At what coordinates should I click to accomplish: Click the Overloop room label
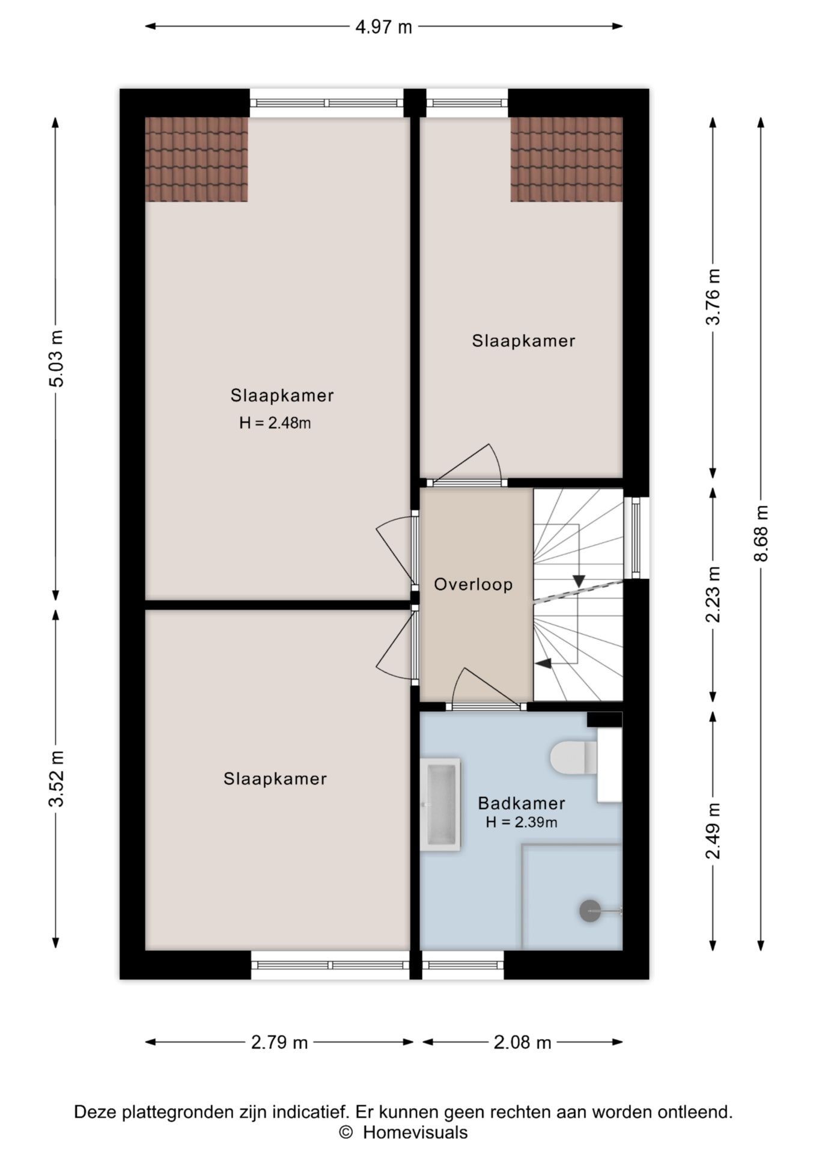pyautogui.click(x=473, y=585)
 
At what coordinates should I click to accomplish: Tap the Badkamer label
pyautogui.click(x=521, y=803)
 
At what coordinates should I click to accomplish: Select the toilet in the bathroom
pyautogui.click(x=573, y=757)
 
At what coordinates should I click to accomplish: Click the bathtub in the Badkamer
pyautogui.click(x=440, y=804)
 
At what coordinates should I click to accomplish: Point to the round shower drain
pyautogui.click(x=589, y=911)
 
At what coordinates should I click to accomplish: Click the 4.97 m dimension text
pyautogui.click(x=383, y=27)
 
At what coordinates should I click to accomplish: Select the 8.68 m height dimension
pyautogui.click(x=761, y=533)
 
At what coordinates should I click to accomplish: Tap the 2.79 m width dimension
pyautogui.click(x=279, y=1042)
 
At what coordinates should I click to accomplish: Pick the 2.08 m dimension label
pyautogui.click(x=522, y=1042)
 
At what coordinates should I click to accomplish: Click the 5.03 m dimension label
pyautogui.click(x=56, y=359)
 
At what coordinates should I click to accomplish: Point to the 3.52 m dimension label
pyautogui.click(x=56, y=779)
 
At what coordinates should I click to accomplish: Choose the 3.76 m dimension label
pyautogui.click(x=713, y=297)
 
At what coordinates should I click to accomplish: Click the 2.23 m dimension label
pyautogui.click(x=713, y=594)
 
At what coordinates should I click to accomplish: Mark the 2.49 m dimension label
pyautogui.click(x=713, y=831)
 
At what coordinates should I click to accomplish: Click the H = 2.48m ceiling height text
pyautogui.click(x=275, y=423)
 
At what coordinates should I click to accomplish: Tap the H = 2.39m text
pyautogui.click(x=522, y=822)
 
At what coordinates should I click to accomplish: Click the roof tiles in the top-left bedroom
pyautogui.click(x=196, y=159)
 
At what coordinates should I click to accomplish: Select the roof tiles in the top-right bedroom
pyautogui.click(x=567, y=159)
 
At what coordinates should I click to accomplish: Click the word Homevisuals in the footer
pyautogui.click(x=415, y=1133)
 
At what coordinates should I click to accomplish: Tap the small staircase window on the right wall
pyautogui.click(x=636, y=537)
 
